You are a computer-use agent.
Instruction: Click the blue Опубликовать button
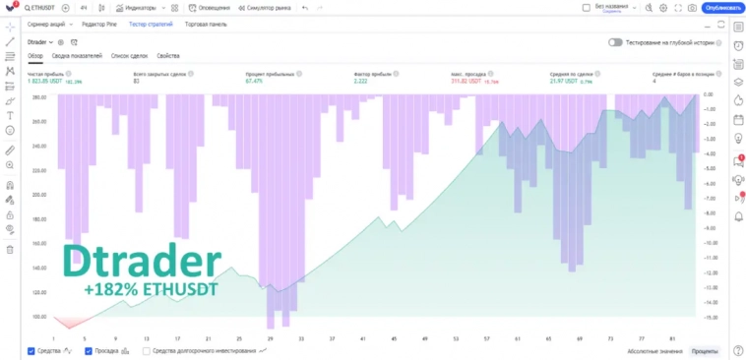721,8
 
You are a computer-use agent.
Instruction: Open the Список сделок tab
131,56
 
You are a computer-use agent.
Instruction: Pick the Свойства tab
167,56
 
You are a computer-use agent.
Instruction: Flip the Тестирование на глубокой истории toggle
615,42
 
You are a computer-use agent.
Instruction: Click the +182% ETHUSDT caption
152,291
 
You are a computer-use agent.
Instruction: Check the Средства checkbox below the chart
31,350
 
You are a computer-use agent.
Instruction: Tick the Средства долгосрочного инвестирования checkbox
147,350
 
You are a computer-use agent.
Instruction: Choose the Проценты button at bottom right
704,350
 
